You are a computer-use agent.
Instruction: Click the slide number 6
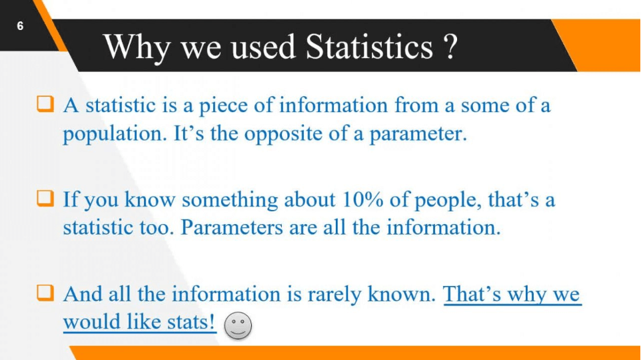(x=20, y=26)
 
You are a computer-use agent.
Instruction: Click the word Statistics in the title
(x=369, y=47)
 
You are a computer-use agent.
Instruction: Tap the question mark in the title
(x=450, y=47)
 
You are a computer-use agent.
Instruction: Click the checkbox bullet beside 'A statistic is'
(x=45, y=104)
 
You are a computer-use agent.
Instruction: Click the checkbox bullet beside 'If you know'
(x=45, y=199)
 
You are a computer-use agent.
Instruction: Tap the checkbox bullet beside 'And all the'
(x=45, y=293)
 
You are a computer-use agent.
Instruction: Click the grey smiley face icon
(x=238, y=325)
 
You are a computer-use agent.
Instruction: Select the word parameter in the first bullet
(x=418, y=134)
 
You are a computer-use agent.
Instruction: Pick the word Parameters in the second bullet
(x=232, y=227)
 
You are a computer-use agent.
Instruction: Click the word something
(x=230, y=201)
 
